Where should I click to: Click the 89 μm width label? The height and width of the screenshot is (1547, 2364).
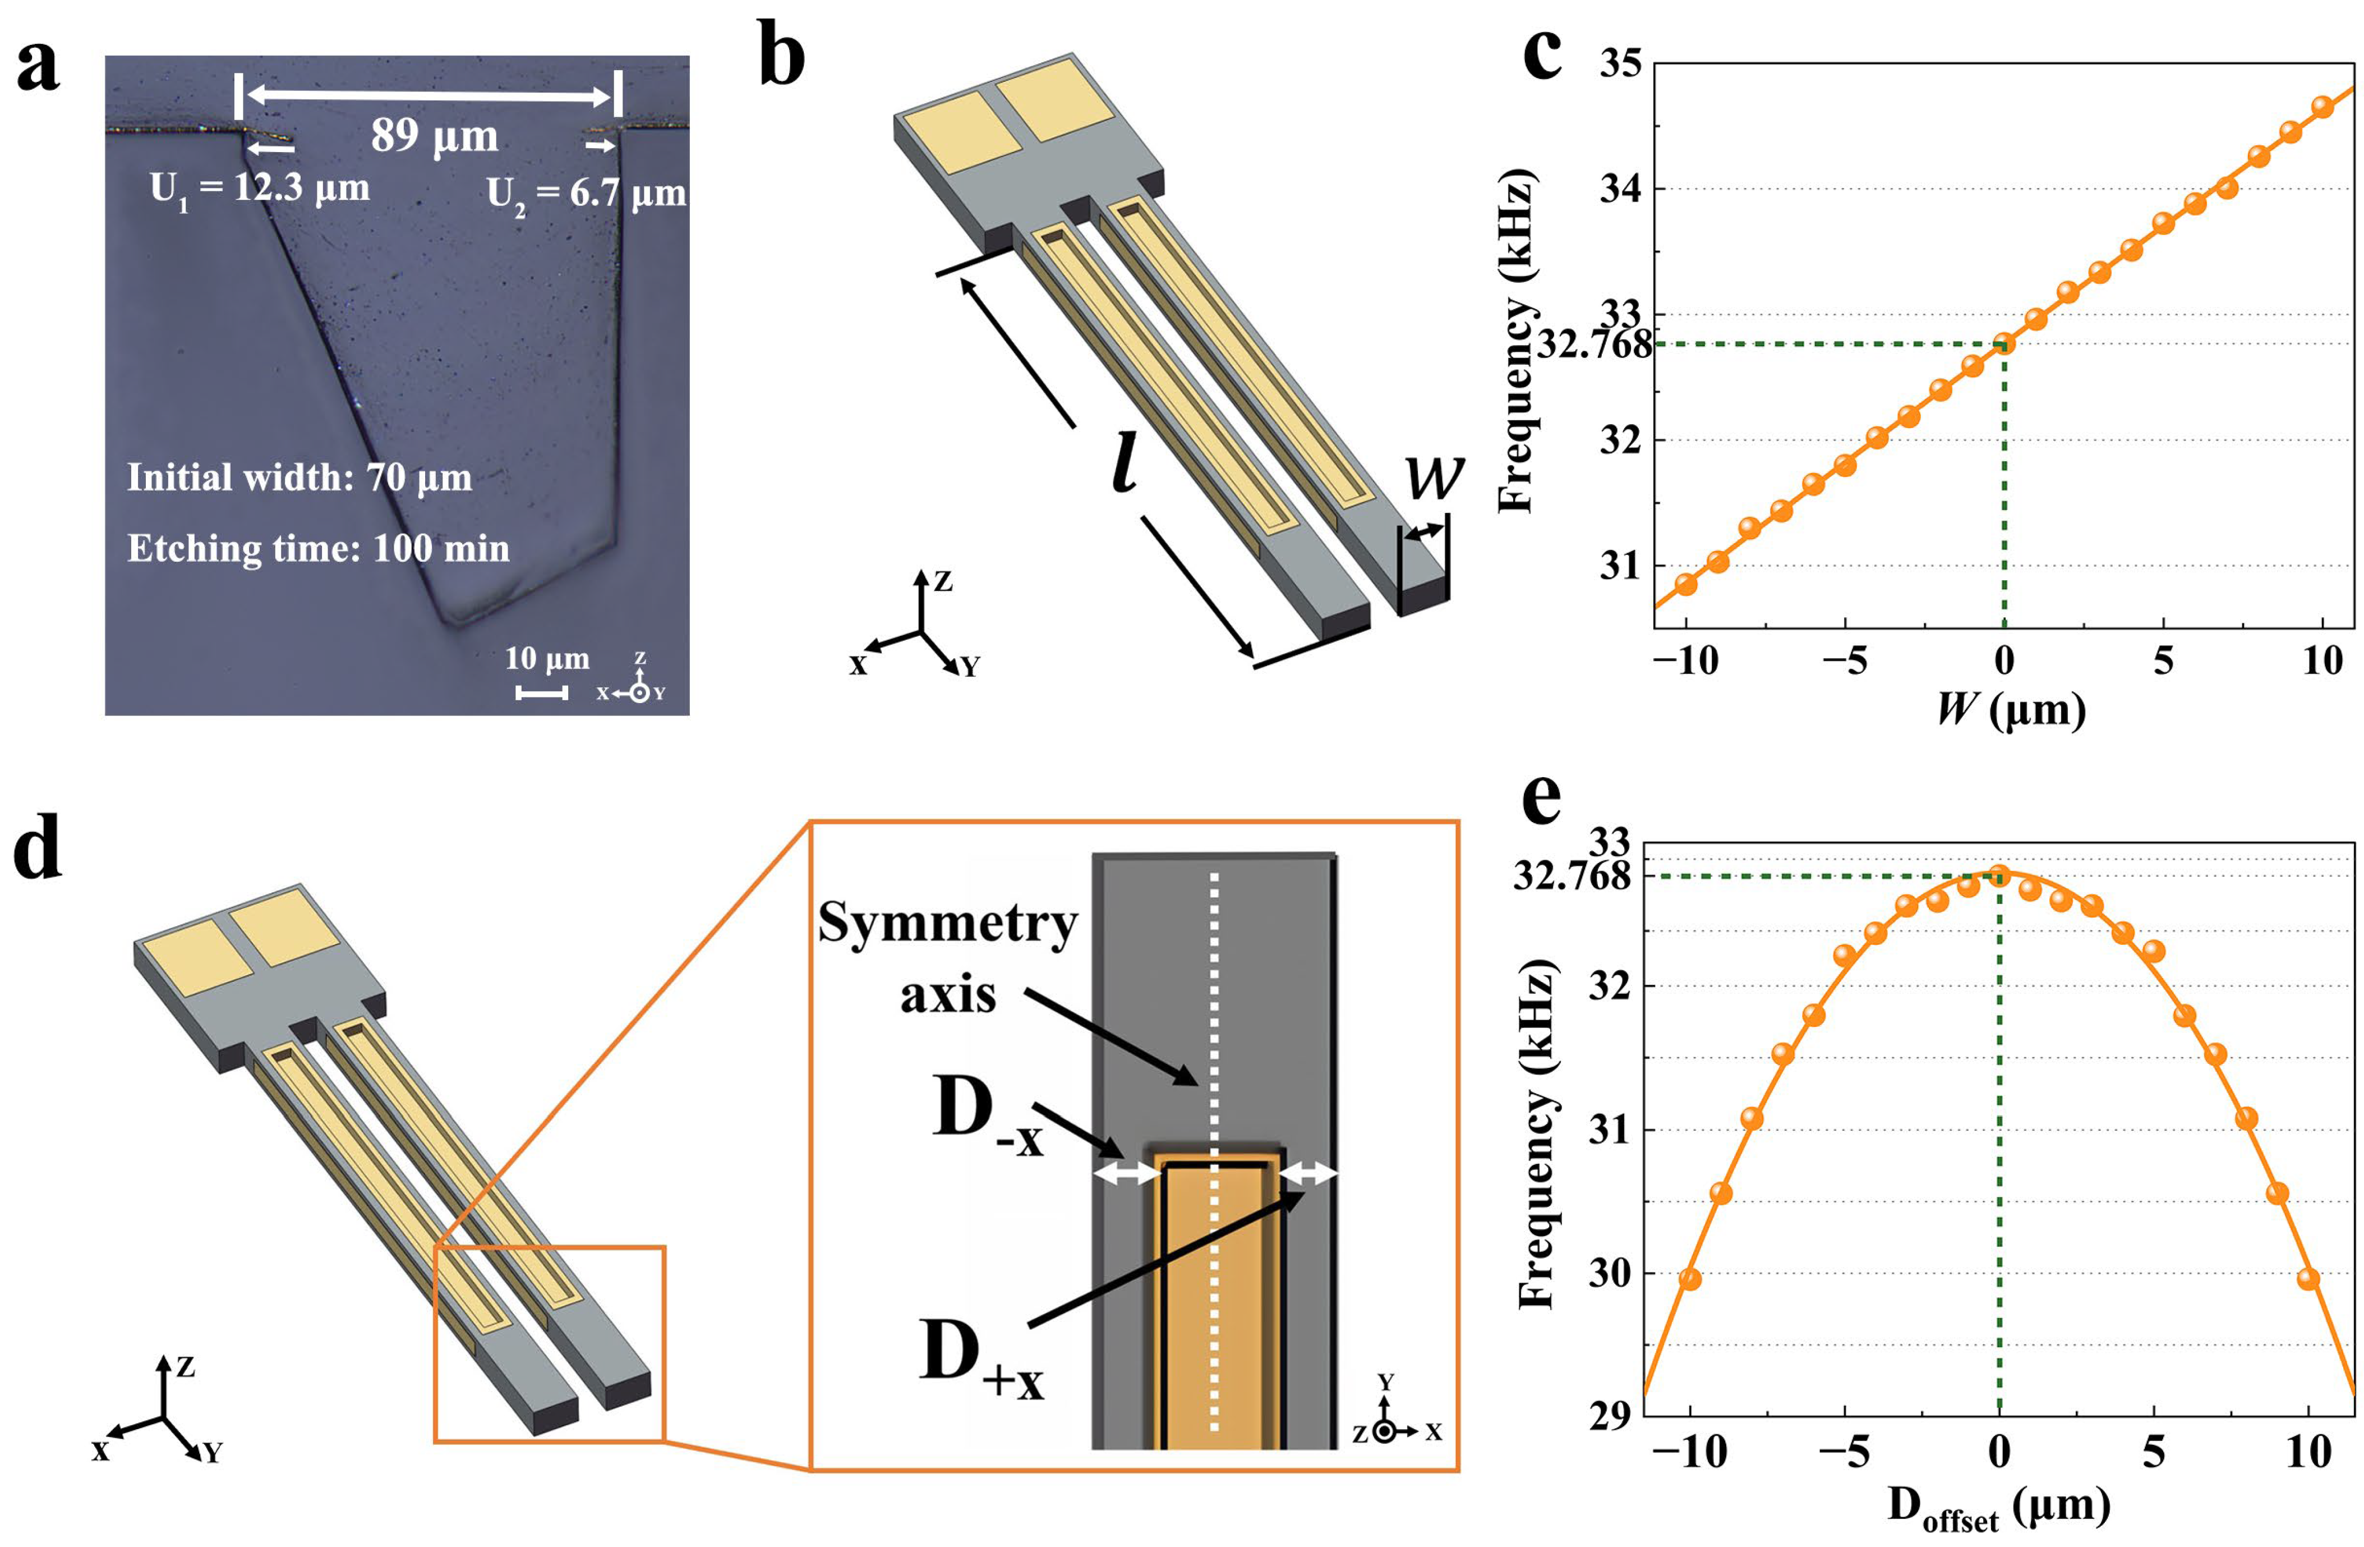[x=434, y=136]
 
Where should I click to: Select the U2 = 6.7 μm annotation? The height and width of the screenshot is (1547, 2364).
[x=586, y=193]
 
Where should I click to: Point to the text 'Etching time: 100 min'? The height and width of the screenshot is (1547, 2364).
[x=318, y=548]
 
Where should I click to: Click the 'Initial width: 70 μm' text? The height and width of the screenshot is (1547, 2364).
[x=299, y=478]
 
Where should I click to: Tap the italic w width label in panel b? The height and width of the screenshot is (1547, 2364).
[x=1434, y=478]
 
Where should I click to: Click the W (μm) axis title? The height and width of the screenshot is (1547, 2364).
[x=2011, y=709]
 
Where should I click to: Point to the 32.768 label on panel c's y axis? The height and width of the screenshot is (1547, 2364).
[x=1594, y=345]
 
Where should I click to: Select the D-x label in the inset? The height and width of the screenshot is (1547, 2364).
[x=988, y=1118]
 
